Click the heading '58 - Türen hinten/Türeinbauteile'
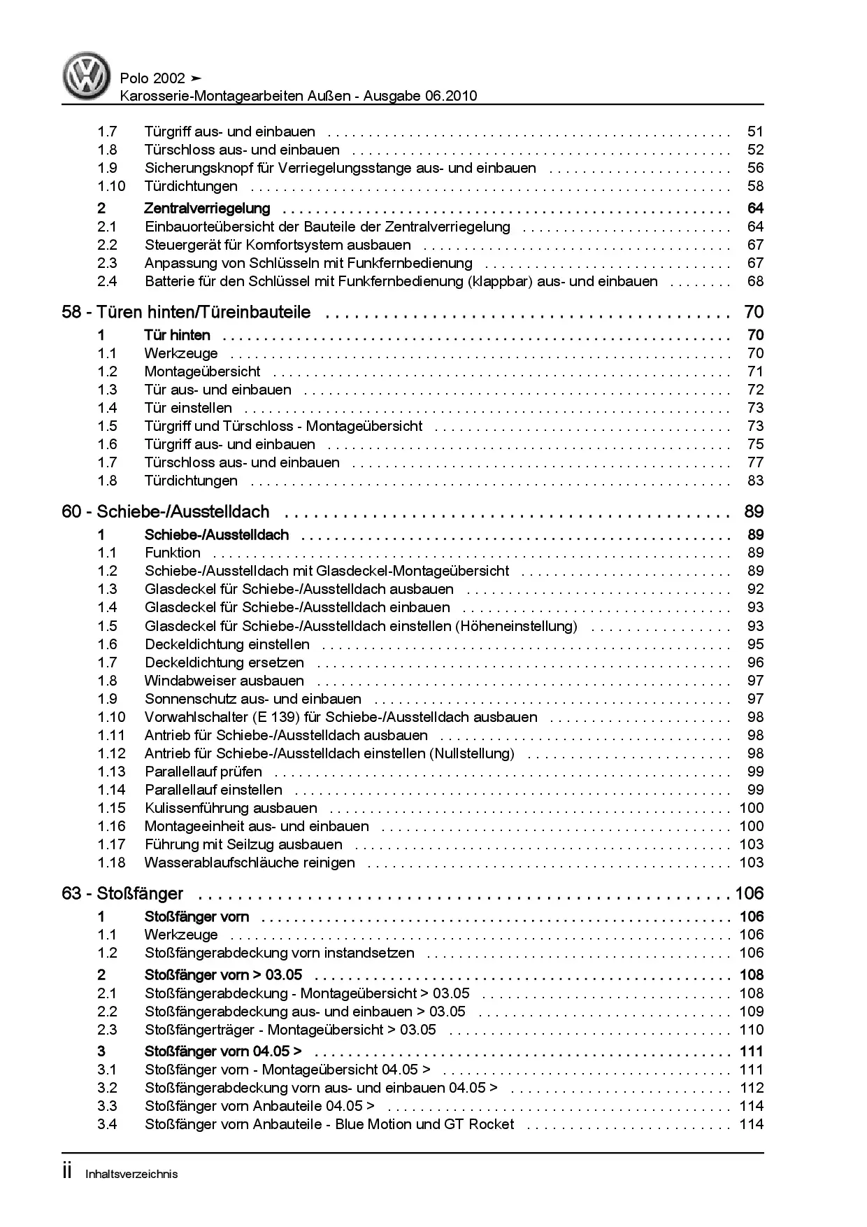[x=186, y=312]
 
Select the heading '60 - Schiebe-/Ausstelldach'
[x=166, y=512]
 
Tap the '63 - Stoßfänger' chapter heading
[x=122, y=893]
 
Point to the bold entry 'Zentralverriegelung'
[x=207, y=208]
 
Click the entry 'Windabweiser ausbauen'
[x=224, y=681]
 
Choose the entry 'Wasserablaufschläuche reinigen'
[x=250, y=863]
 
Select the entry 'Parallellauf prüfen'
[x=203, y=772]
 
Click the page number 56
[x=755, y=168]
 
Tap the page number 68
[x=755, y=281]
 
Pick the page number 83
[x=755, y=481]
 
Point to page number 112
[x=752, y=1088]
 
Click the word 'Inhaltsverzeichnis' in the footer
[x=131, y=1175]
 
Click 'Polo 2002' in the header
[x=153, y=78]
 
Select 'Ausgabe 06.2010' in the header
[x=419, y=96]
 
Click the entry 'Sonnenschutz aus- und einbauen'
[x=253, y=699]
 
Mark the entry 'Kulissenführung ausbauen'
[x=231, y=808]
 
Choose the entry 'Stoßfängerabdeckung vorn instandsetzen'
[x=280, y=953]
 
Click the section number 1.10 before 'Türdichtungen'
[x=111, y=186]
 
